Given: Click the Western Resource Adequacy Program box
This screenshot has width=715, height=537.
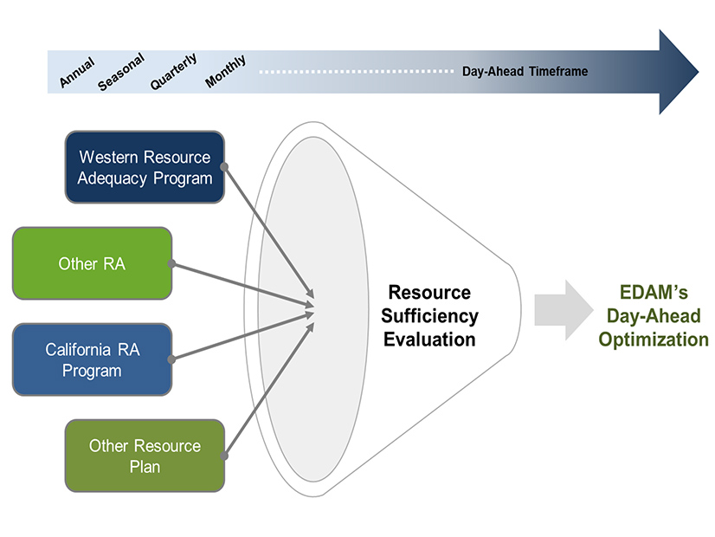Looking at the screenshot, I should (x=145, y=167).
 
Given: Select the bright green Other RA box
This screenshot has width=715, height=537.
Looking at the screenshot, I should (x=92, y=263).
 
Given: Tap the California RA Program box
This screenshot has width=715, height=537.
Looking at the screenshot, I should (x=92, y=359).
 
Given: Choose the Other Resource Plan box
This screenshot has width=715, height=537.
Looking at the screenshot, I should (x=145, y=456).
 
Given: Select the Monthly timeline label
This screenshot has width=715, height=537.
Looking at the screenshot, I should (x=226, y=72).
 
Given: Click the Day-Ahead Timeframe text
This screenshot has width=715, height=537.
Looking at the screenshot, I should (x=525, y=71).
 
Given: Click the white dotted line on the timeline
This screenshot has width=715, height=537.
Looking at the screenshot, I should (x=355, y=71).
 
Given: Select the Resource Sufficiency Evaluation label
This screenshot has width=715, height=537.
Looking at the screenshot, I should (x=429, y=316).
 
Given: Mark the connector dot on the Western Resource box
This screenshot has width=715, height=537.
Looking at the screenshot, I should (x=224, y=166).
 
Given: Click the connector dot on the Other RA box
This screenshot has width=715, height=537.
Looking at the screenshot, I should (x=171, y=263).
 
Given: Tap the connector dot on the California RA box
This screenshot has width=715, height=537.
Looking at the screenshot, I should (x=171, y=359).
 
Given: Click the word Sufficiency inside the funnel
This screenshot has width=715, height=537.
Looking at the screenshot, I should (x=430, y=316).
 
